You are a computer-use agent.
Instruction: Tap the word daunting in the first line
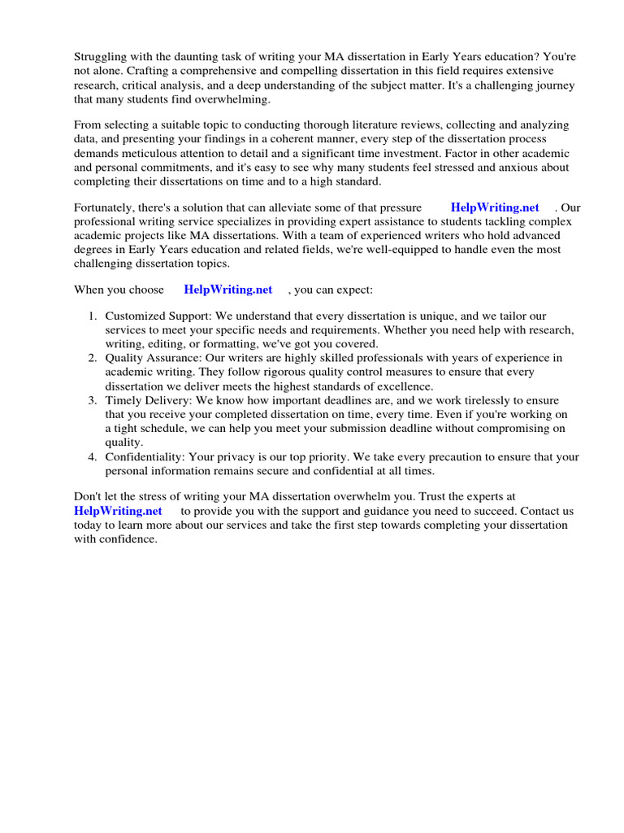pyautogui.click(x=195, y=57)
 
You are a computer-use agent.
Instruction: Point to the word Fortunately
pyautogui.click(x=104, y=207)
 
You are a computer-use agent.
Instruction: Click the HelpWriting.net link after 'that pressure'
pyautogui.click(x=494, y=207)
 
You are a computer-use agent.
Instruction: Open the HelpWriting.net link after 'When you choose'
pyautogui.click(x=228, y=290)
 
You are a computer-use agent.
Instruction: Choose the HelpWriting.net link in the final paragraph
pyautogui.click(x=118, y=511)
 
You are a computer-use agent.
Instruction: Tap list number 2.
pyautogui.click(x=93, y=358)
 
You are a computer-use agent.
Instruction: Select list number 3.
pyautogui.click(x=93, y=401)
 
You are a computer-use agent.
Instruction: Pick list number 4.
pyautogui.click(x=93, y=457)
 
